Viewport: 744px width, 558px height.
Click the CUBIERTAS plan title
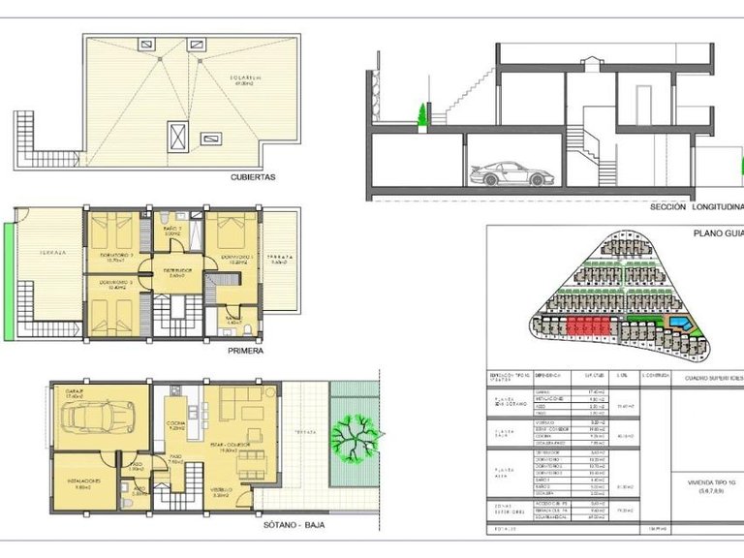tap(254, 177)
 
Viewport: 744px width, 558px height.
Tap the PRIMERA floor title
tap(246, 352)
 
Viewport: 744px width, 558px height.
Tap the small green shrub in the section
tap(421, 115)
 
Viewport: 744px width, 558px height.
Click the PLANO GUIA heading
tap(718, 233)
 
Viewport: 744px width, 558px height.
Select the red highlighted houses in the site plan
tap(590, 325)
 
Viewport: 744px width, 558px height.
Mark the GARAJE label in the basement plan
tap(75, 394)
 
